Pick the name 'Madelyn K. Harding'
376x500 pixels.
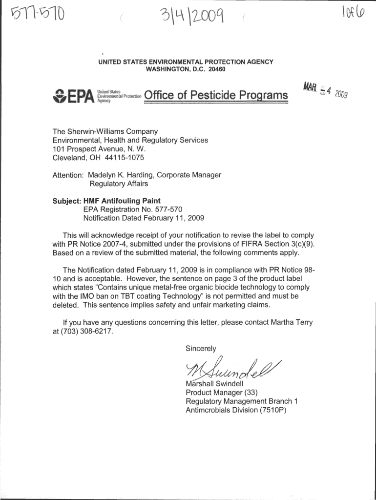pyautogui.click(x=125, y=175)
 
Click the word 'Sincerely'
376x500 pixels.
pyautogui.click(x=201, y=348)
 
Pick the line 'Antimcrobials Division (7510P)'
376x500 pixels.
pyautogui.click(x=235, y=410)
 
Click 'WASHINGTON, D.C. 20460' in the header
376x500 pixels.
pyautogui.click(x=186, y=69)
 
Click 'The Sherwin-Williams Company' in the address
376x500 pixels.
pyautogui.click(x=105, y=131)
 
